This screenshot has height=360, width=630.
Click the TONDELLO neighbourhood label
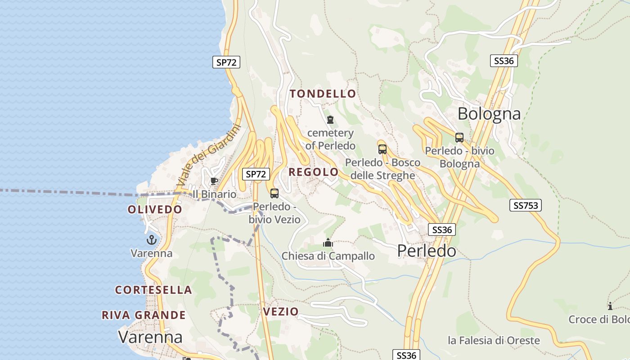(x=323, y=94)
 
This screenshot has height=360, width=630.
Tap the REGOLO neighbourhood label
(x=313, y=172)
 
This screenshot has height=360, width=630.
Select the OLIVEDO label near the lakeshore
(x=155, y=209)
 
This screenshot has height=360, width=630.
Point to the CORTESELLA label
(x=153, y=290)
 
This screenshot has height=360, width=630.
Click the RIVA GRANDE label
(x=144, y=315)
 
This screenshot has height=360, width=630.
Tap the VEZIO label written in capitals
(x=281, y=311)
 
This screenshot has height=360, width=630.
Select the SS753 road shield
(x=526, y=206)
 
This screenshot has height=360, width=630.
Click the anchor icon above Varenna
(x=151, y=240)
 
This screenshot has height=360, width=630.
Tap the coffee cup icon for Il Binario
(x=214, y=181)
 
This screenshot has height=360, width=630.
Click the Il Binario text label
(x=214, y=194)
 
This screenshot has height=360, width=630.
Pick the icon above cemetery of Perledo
(x=330, y=120)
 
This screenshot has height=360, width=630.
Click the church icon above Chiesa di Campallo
(x=328, y=243)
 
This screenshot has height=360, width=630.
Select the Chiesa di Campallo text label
(x=328, y=256)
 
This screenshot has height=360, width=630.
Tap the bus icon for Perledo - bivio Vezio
(x=274, y=193)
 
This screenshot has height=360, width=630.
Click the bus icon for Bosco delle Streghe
(x=382, y=149)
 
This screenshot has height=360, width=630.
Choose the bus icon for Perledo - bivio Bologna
(x=459, y=138)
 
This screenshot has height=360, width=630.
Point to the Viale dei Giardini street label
(x=209, y=156)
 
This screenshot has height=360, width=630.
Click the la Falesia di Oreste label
(x=494, y=340)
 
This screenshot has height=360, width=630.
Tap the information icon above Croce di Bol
(x=610, y=306)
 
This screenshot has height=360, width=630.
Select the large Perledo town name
(x=427, y=251)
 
